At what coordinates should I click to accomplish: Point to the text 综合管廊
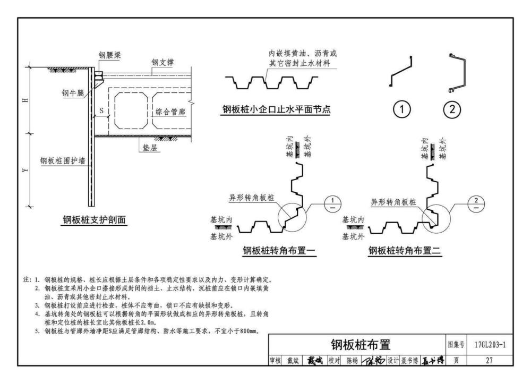pos(169,112)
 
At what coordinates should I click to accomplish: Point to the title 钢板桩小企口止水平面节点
pos(280,110)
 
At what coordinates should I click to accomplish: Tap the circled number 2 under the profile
pos(452,110)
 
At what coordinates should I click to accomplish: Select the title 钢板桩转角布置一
pos(279,250)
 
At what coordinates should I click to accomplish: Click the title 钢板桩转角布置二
pos(405,250)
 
